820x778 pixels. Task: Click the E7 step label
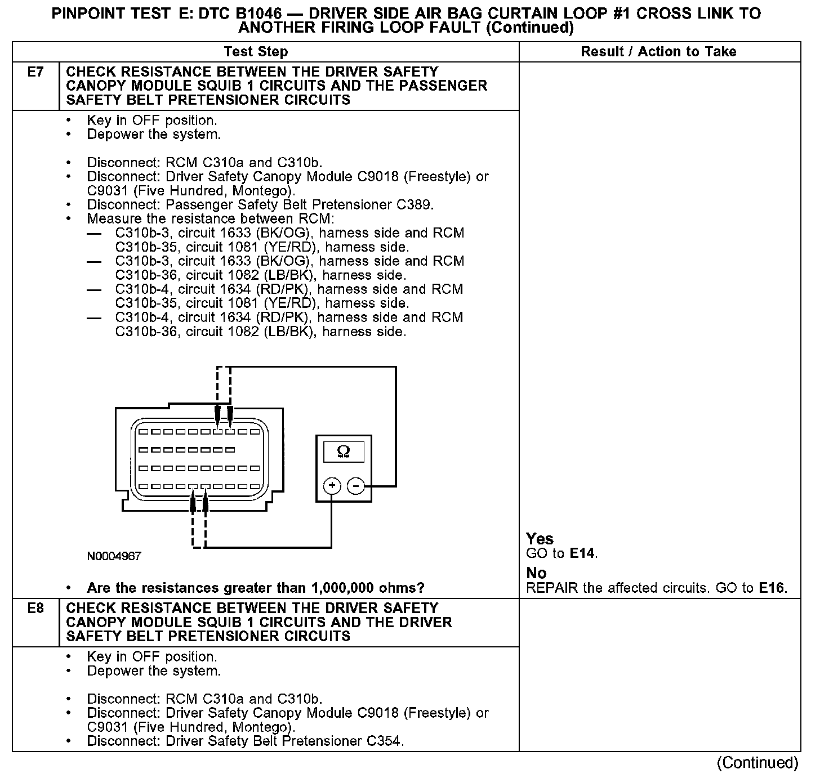[35, 72]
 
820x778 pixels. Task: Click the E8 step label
[35, 609]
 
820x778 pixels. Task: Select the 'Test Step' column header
[256, 52]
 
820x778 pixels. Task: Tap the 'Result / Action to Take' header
[658, 52]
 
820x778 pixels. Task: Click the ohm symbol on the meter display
[343, 451]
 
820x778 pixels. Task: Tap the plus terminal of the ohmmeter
[332, 485]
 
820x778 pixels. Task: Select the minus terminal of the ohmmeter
[356, 485]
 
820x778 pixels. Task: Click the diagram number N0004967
[114, 556]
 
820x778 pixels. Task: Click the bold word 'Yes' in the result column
[540, 539]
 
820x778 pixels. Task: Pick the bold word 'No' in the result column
[536, 573]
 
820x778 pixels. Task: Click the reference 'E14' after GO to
[582, 553]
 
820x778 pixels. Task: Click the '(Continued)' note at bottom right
[757, 763]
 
